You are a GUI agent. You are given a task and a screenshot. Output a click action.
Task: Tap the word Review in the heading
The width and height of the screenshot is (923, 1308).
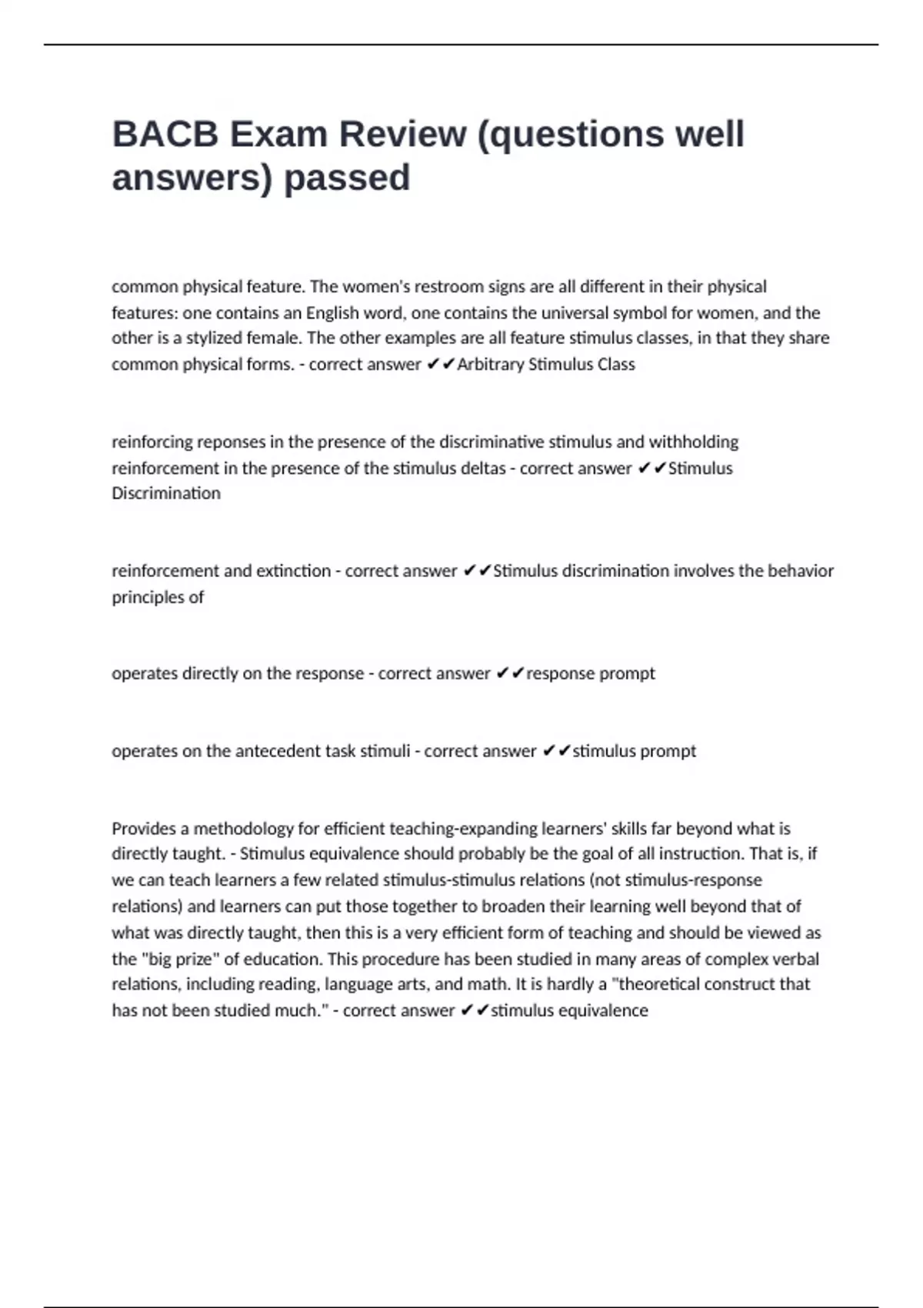pos(402,134)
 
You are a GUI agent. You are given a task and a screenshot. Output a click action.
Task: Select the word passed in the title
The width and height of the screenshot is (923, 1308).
pos(347,178)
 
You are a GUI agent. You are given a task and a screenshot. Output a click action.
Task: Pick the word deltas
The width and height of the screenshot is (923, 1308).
pos(482,469)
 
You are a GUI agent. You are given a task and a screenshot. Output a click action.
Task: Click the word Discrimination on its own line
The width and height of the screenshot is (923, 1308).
pos(166,494)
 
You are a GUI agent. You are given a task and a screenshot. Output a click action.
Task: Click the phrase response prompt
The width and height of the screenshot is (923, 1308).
pos(591,674)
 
